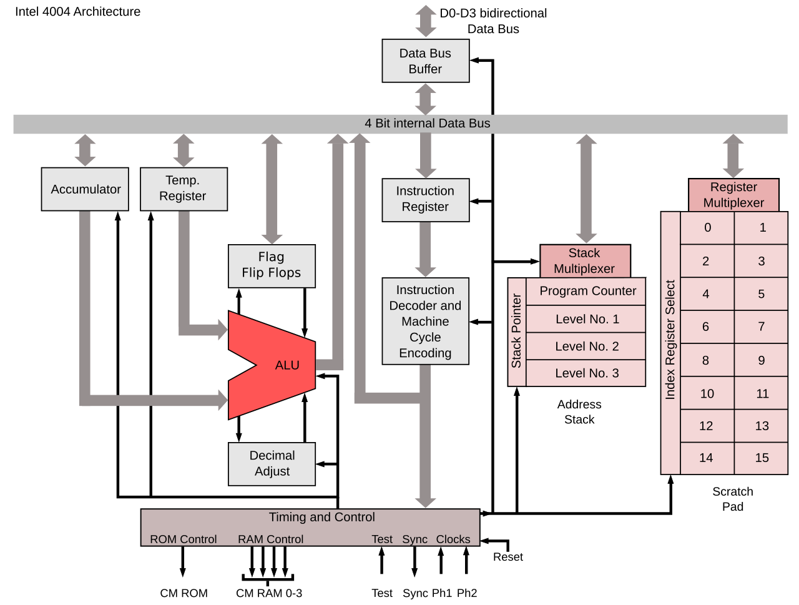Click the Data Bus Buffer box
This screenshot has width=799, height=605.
pyautogui.click(x=425, y=61)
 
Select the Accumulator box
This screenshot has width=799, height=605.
pyautogui.click(x=85, y=189)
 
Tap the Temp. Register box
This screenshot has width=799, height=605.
pyautogui.click(x=184, y=189)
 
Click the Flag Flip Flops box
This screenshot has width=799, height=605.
pyautogui.click(x=272, y=265)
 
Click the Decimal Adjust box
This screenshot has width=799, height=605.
pyautogui.click(x=272, y=464)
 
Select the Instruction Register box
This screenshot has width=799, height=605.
pyautogui.click(x=425, y=200)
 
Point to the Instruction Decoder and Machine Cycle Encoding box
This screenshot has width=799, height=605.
pyautogui.click(x=425, y=321)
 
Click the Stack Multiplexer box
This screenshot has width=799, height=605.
pyautogui.click(x=585, y=261)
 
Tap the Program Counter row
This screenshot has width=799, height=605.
pyautogui.click(x=587, y=291)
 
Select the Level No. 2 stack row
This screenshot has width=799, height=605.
pyautogui.click(x=587, y=347)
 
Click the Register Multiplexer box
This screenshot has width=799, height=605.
pyautogui.click(x=733, y=195)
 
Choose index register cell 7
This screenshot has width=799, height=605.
pyautogui.click(x=761, y=327)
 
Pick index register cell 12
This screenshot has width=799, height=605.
pyautogui.click(x=707, y=426)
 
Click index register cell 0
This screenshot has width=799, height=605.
pyautogui.click(x=707, y=228)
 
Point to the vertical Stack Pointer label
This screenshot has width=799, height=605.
pyautogui.click(x=517, y=331)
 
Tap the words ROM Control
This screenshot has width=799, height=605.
pyautogui.click(x=183, y=539)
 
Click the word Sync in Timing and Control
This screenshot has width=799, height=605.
pyautogui.click(x=414, y=539)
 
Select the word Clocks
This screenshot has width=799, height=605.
pyautogui.click(x=453, y=539)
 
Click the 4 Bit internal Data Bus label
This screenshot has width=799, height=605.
pyautogui.click(x=427, y=124)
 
